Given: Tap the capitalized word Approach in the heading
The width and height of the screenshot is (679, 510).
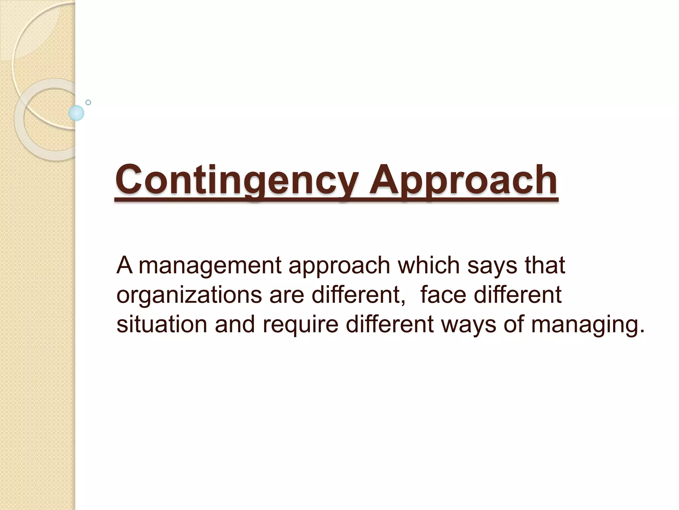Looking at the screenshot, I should pos(463,180).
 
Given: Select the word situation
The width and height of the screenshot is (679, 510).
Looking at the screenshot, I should pos(162,324).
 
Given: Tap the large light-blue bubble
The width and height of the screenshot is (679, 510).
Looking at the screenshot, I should pos(76,113).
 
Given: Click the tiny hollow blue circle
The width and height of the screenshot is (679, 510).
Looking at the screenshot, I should pos(88,103).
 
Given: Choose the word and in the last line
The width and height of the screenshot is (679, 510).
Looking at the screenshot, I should pos(235,324).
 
